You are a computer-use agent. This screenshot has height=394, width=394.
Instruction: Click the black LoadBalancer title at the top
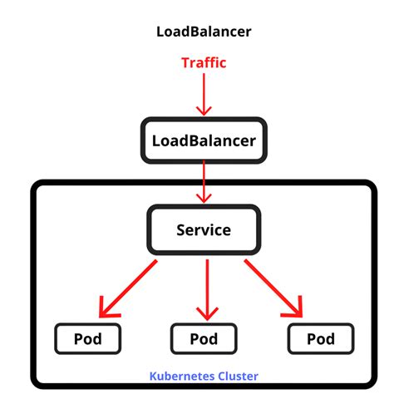[x=204, y=32]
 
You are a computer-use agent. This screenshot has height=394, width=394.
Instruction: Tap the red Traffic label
[x=204, y=62]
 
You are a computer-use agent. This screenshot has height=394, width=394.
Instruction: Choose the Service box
[x=204, y=229]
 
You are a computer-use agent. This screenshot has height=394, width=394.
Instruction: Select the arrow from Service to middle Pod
[x=204, y=287]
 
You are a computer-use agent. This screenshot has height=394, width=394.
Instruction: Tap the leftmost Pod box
[x=88, y=338]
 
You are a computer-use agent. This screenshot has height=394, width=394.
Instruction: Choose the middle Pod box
[x=204, y=338]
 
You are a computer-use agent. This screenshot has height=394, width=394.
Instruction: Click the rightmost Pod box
[x=320, y=338]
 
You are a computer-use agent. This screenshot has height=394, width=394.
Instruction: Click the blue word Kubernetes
[x=179, y=375]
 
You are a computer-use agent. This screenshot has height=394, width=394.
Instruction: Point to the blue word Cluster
[x=234, y=375]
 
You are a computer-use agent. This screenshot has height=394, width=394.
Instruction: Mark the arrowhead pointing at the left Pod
[x=106, y=309]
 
